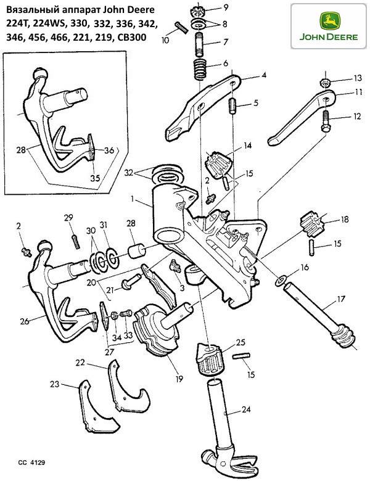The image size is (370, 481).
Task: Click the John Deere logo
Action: (x=329, y=24)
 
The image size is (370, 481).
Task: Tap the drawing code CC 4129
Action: (x=31, y=461)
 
